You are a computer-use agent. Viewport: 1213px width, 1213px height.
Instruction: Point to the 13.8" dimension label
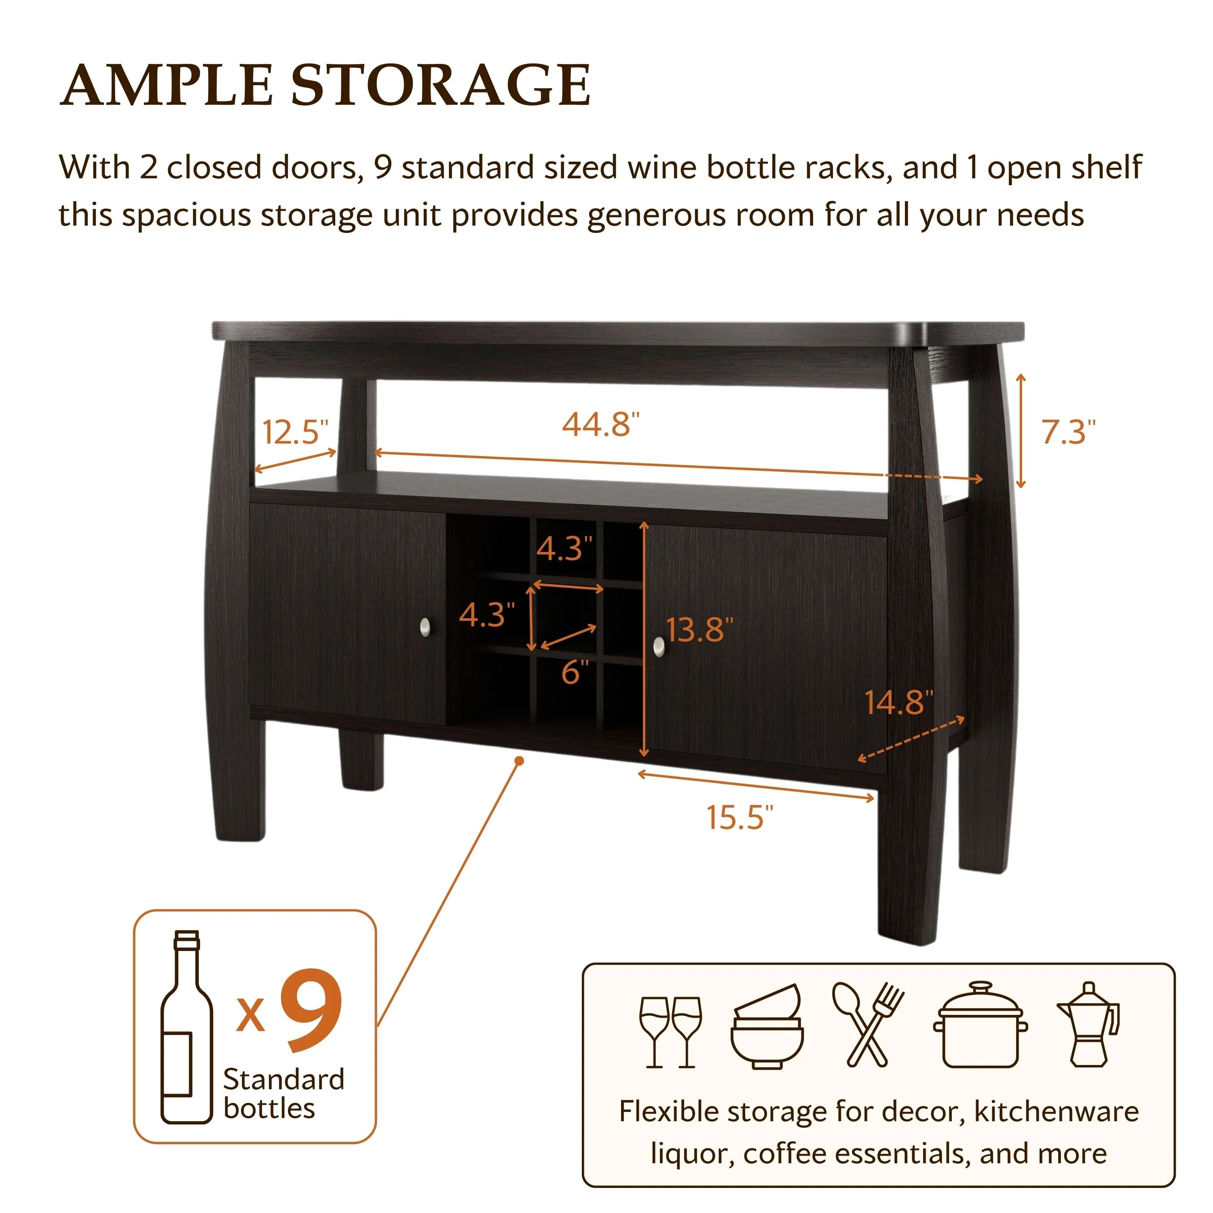pyautogui.click(x=699, y=629)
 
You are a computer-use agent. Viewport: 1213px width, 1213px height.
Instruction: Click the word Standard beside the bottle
pyautogui.click(x=284, y=1079)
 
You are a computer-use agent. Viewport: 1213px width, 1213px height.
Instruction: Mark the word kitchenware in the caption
pyautogui.click(x=1056, y=1111)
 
